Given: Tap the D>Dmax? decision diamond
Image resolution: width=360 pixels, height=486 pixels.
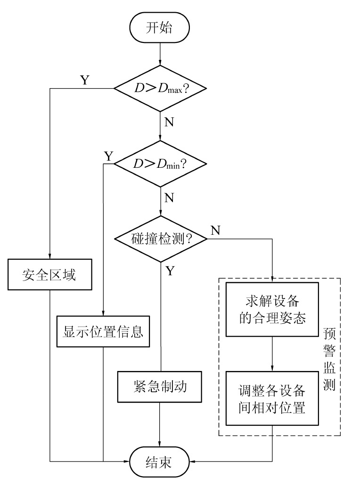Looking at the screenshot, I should click(161, 88).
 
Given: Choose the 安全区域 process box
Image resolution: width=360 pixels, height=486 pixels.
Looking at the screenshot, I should click(49, 274).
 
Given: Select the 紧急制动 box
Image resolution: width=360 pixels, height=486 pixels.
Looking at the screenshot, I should click(161, 387).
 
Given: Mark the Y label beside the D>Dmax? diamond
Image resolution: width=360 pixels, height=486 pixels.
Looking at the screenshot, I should click(84, 80).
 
